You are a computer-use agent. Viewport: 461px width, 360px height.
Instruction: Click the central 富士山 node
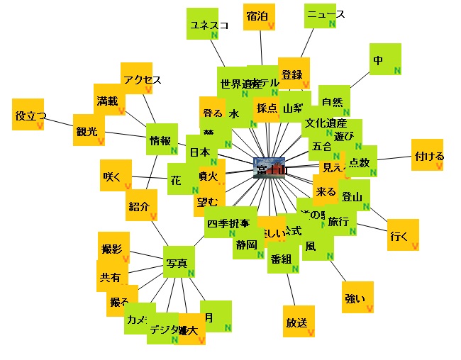269,169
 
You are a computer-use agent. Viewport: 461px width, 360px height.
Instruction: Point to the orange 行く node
402,235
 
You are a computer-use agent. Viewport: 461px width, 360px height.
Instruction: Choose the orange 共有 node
112,276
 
